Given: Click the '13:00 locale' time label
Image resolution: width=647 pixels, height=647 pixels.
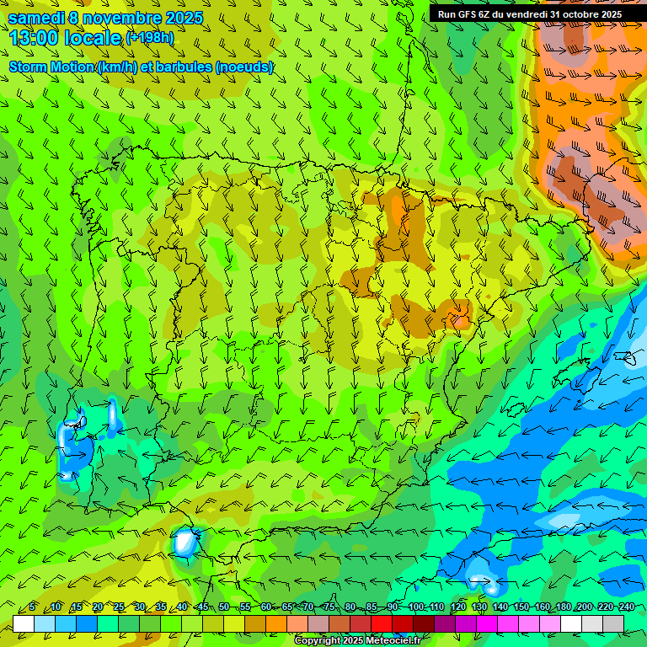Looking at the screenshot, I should click(x=65, y=38).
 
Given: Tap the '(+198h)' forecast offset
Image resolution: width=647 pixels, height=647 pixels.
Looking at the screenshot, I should click(x=150, y=38).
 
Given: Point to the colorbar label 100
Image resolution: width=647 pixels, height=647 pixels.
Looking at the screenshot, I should click(x=416, y=607).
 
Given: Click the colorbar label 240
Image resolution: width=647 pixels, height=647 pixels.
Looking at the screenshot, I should click(x=627, y=607).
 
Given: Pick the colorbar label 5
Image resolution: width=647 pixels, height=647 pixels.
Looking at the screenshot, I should click(x=32, y=607).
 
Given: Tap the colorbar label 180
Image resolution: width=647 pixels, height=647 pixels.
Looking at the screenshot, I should click(x=564, y=607).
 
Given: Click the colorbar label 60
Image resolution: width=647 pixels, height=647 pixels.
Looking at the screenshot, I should click(x=266, y=607).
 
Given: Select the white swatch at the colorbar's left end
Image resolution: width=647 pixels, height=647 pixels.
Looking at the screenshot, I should click(x=24, y=623).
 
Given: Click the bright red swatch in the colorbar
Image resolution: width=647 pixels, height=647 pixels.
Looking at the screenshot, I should click(x=382, y=623).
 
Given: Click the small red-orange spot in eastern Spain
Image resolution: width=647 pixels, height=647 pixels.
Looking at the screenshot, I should click(x=461, y=318).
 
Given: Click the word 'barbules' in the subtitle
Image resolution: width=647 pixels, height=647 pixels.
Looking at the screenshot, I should click(x=183, y=67).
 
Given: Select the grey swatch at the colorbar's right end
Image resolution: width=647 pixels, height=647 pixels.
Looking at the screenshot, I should click(x=613, y=623).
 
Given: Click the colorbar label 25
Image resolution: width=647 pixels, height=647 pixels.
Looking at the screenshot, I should click(x=119, y=607).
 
